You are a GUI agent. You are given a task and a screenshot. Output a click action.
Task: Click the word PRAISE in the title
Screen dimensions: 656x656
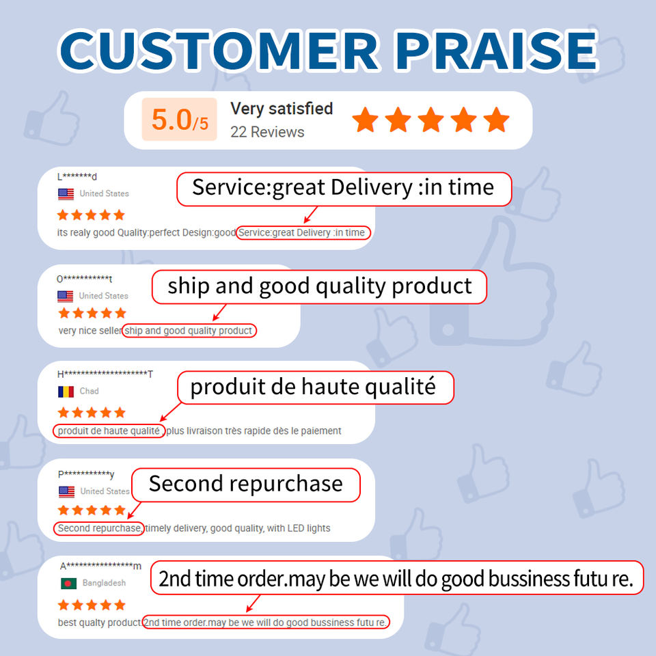coord(497,50)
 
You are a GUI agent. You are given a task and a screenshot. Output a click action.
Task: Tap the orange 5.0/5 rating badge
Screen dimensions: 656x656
coord(180,119)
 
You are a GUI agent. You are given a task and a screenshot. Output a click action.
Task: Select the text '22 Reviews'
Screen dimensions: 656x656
coord(267,132)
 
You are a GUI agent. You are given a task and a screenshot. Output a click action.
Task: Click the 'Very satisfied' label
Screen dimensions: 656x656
coord(282,109)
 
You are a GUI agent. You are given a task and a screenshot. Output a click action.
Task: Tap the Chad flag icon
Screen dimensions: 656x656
coord(66,392)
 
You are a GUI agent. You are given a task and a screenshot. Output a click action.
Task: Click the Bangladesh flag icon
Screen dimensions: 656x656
coord(68,583)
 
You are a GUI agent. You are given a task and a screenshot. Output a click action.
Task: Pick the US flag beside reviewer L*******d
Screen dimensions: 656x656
coord(66,193)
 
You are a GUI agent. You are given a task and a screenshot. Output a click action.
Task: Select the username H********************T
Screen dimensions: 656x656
coord(105,374)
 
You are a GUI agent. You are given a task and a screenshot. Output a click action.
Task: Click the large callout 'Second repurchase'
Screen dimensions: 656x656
coord(246,484)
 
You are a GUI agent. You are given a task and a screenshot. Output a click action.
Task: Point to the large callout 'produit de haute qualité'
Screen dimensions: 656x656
coord(316,387)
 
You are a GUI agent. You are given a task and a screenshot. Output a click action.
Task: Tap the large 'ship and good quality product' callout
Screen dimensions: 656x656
coord(320,286)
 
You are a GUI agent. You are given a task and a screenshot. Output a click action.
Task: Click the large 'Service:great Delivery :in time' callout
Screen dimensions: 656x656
coord(344,189)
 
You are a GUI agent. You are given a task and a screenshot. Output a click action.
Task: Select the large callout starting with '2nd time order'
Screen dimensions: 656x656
coord(396,578)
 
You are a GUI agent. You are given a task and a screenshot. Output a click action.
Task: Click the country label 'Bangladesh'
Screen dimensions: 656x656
coord(104,583)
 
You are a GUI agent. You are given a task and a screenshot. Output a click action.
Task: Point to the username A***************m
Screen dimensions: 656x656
coord(101,566)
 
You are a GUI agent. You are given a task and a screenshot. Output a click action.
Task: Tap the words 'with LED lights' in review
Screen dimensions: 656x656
coord(299,528)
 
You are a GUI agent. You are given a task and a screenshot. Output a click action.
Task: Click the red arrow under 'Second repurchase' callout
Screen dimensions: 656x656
coord(134,510)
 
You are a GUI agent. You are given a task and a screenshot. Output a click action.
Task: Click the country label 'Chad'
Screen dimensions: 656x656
coord(89,391)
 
